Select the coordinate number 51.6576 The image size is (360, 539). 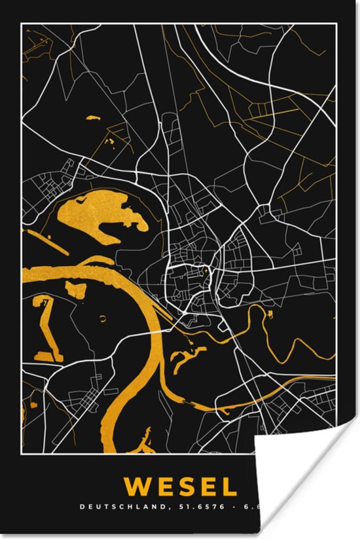coord(195,506)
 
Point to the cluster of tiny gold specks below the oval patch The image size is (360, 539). coord(111,139)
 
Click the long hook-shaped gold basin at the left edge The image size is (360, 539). coord(45,327)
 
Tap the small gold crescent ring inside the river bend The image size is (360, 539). coord(103,319)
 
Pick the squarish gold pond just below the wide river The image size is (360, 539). coord(76,289)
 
